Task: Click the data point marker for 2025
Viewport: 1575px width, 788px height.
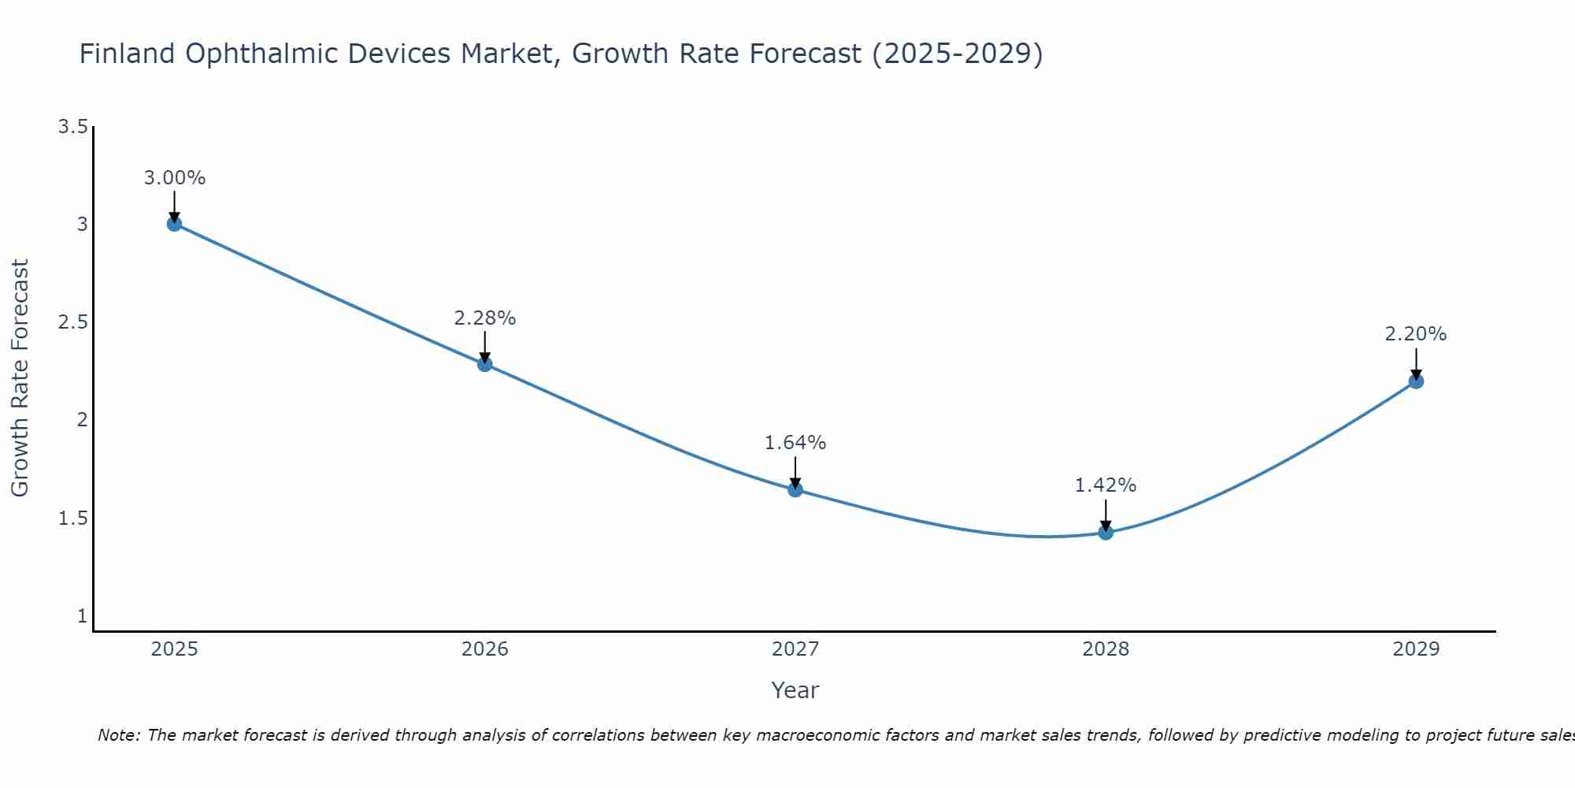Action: coord(174,224)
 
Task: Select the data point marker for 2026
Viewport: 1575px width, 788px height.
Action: coord(484,364)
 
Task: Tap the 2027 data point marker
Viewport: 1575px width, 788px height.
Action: coord(795,489)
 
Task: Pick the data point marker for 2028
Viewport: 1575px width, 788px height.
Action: coord(1106,533)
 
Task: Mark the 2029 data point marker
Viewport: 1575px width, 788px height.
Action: coord(1416,381)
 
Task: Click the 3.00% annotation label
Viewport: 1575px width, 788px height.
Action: coord(174,178)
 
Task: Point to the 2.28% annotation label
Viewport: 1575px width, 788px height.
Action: coord(484,318)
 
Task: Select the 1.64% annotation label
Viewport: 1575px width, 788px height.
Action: coord(795,443)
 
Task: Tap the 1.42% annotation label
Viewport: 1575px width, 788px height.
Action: coord(1106,485)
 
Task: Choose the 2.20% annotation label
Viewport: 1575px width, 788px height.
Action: coord(1416,334)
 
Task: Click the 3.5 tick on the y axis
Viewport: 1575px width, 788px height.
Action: coord(72,127)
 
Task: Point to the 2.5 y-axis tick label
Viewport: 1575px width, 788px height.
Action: coord(72,322)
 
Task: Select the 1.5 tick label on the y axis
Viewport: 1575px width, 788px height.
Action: coord(72,519)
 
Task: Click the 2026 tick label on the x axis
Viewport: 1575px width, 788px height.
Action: coord(484,649)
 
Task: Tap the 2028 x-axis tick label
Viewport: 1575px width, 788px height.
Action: coord(1106,649)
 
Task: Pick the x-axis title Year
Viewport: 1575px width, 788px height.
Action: coord(795,690)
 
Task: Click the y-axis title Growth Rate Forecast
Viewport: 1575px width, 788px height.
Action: coord(20,377)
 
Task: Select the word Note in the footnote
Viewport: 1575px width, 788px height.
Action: coord(118,735)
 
